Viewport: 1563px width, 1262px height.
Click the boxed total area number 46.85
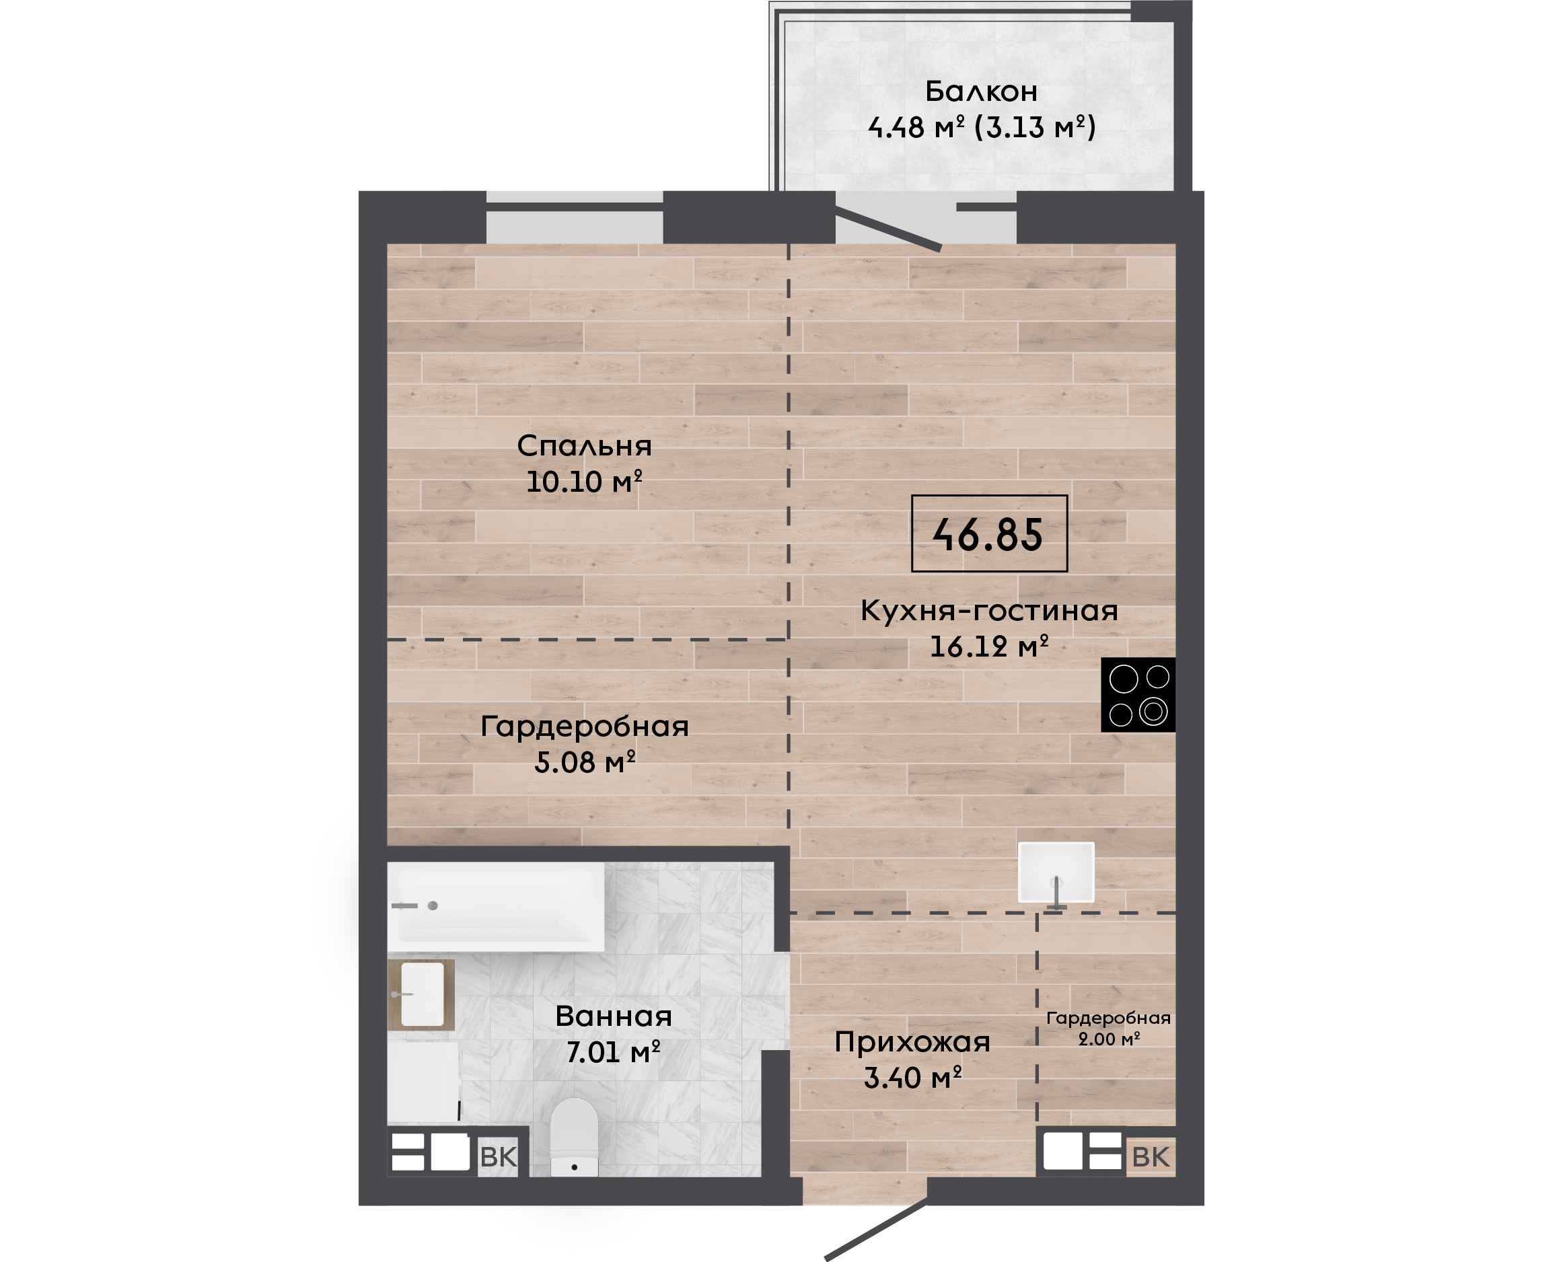coord(988,534)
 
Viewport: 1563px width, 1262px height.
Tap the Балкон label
coord(982,91)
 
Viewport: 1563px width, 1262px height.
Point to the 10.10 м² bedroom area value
coord(584,481)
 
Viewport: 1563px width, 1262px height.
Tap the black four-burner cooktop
coord(1138,695)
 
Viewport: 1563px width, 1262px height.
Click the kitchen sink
coord(1056,873)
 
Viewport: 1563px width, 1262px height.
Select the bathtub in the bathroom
coord(496,907)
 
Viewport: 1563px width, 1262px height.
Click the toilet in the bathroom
coord(575,1137)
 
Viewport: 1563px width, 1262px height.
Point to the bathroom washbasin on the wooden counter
coord(422,994)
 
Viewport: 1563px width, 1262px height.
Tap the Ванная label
coord(614,1016)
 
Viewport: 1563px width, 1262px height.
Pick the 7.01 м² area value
coord(614,1052)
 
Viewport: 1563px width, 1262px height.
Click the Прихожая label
coord(912,1043)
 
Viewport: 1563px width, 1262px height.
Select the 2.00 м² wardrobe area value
coord(1109,1039)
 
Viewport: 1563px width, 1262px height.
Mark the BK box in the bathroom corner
coord(499,1156)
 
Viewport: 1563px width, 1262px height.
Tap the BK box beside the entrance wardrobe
coord(1151,1156)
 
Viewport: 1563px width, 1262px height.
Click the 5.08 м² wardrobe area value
coord(585,762)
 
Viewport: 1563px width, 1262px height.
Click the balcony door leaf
coord(888,228)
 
